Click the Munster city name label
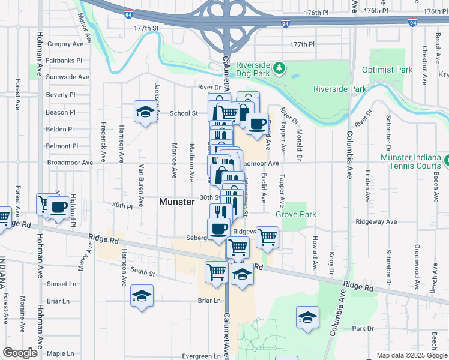click(176, 202)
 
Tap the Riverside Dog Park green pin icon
click(279, 70)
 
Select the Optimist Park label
click(387, 70)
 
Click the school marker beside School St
click(144, 112)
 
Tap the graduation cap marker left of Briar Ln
click(142, 296)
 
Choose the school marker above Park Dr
click(307, 317)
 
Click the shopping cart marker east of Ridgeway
click(267, 237)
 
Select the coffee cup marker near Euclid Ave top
click(257, 124)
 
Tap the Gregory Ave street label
click(65, 44)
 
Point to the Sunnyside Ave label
click(67, 77)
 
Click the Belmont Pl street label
click(62, 146)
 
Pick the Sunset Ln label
click(62, 284)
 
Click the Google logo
click(20, 353)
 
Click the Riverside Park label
click(340, 89)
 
